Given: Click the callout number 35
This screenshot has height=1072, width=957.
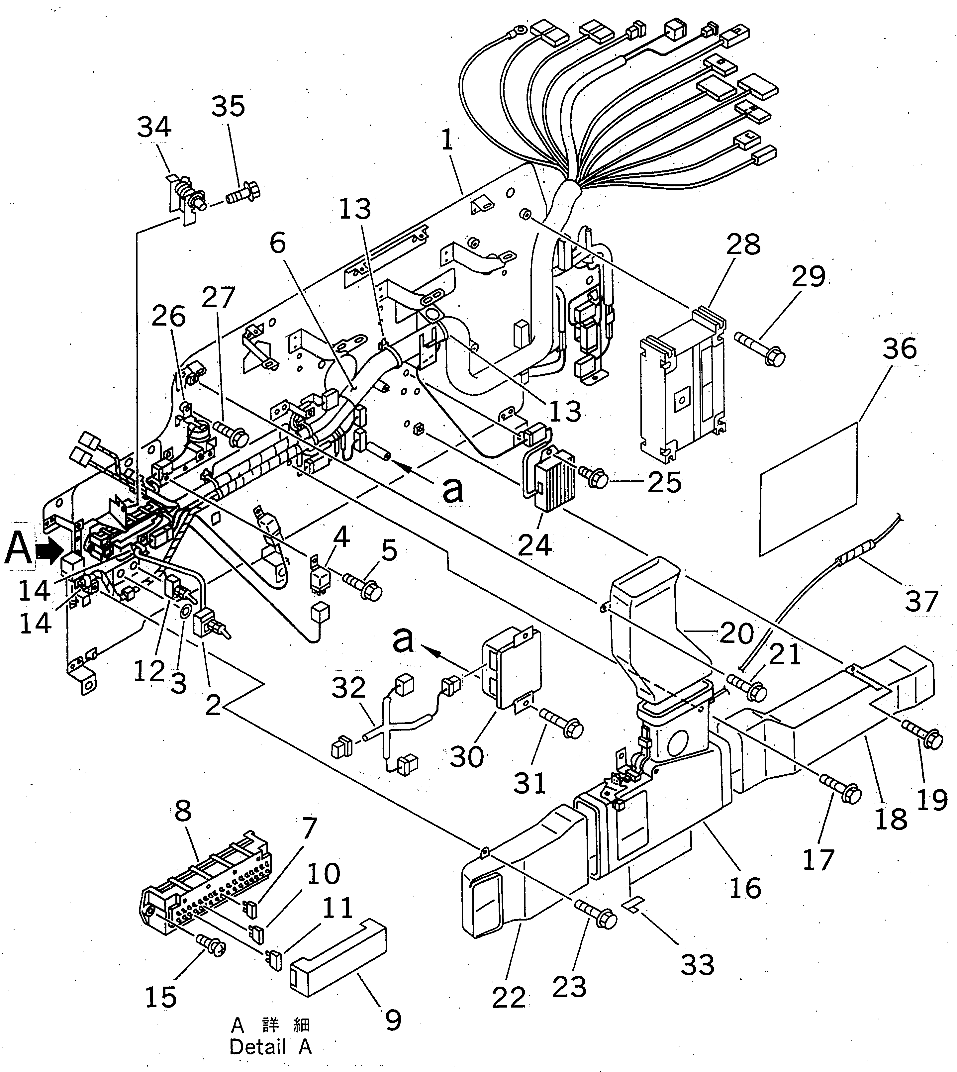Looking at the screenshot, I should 228,107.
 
